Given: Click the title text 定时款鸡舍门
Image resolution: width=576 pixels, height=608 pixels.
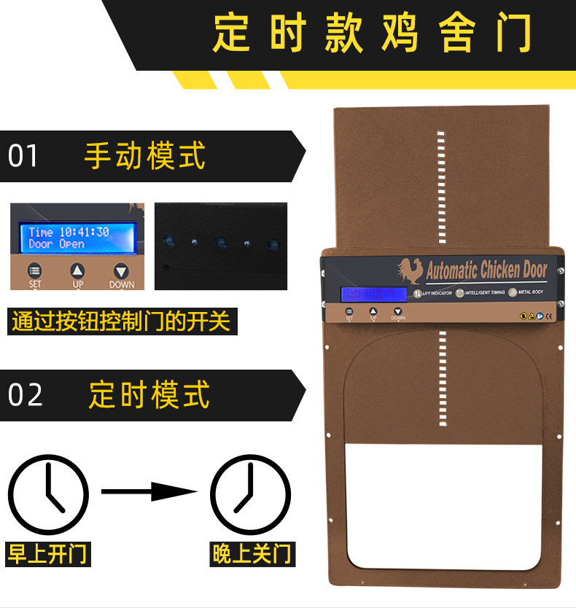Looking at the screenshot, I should pyautogui.click(x=372, y=34).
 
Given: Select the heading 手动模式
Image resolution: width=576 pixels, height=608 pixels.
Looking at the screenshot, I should pyautogui.click(x=144, y=155).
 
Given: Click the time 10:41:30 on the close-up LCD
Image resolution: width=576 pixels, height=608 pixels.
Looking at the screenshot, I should pyautogui.click(x=84, y=232).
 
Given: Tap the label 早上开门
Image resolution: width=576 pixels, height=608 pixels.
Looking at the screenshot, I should pyautogui.click(x=47, y=553).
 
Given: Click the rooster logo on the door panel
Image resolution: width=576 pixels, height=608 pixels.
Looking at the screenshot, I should pyautogui.click(x=411, y=272).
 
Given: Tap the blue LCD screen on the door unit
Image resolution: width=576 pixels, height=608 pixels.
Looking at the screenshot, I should pyautogui.click(x=373, y=294).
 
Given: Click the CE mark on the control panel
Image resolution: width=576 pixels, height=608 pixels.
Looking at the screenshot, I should pyautogui.click(x=549, y=316).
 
